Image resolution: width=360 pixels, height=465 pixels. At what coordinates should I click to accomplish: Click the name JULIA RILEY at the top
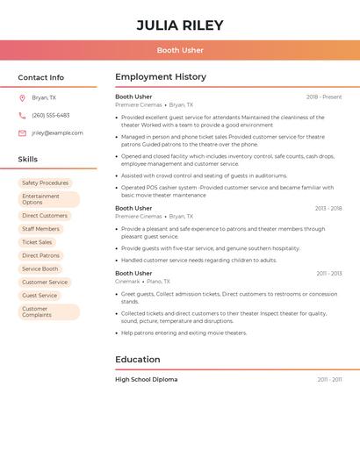(x=180, y=25)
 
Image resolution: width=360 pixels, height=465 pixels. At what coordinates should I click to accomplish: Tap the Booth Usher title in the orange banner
(x=180, y=50)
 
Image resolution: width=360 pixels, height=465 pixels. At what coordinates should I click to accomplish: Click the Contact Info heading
(x=41, y=77)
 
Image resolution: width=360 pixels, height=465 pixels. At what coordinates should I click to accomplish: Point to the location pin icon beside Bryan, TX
(x=22, y=98)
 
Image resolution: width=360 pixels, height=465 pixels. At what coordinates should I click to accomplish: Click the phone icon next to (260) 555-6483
(x=22, y=115)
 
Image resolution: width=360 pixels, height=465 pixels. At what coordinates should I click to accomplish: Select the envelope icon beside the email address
(x=22, y=133)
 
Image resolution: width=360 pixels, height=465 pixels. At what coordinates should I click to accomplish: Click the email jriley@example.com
(x=57, y=133)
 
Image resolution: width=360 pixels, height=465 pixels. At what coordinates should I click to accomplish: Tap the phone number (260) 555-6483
(x=51, y=115)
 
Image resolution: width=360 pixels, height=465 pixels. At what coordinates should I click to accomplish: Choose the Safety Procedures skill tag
(x=45, y=183)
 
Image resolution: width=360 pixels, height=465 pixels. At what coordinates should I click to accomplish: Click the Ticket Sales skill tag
(x=37, y=242)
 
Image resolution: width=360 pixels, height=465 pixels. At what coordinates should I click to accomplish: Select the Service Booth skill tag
(x=40, y=268)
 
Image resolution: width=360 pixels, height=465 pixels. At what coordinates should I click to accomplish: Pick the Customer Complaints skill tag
(x=37, y=311)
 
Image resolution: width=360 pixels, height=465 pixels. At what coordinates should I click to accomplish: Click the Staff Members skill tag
(x=41, y=229)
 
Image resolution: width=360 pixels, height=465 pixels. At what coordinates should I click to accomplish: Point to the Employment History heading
(x=161, y=77)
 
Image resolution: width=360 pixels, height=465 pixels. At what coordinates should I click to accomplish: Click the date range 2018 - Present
(x=324, y=97)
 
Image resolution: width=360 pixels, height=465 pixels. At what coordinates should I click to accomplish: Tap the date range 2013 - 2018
(x=328, y=209)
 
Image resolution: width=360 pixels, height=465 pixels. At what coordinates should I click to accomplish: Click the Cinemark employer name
(x=127, y=282)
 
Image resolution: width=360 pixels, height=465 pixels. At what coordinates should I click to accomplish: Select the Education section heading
(x=137, y=360)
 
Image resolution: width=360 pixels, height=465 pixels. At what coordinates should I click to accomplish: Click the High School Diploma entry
(x=146, y=380)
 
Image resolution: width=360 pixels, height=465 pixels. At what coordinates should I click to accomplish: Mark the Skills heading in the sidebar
(x=28, y=160)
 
